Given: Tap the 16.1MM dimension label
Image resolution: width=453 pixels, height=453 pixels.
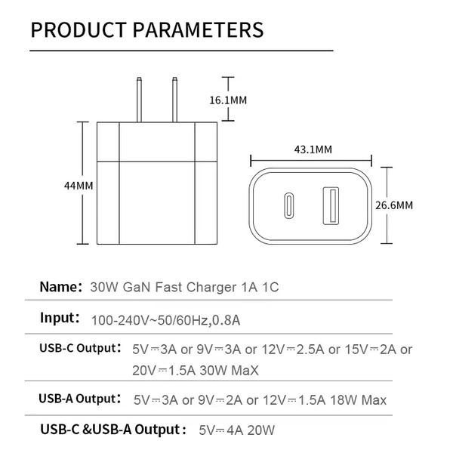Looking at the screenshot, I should [228, 100].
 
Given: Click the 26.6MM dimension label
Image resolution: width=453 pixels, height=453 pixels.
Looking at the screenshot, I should [394, 205].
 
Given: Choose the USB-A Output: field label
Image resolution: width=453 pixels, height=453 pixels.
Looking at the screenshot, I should [79, 399].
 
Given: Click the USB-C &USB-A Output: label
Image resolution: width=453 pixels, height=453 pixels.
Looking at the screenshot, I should [112, 430].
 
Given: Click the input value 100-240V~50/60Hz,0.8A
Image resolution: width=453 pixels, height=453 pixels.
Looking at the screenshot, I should [165, 320].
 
